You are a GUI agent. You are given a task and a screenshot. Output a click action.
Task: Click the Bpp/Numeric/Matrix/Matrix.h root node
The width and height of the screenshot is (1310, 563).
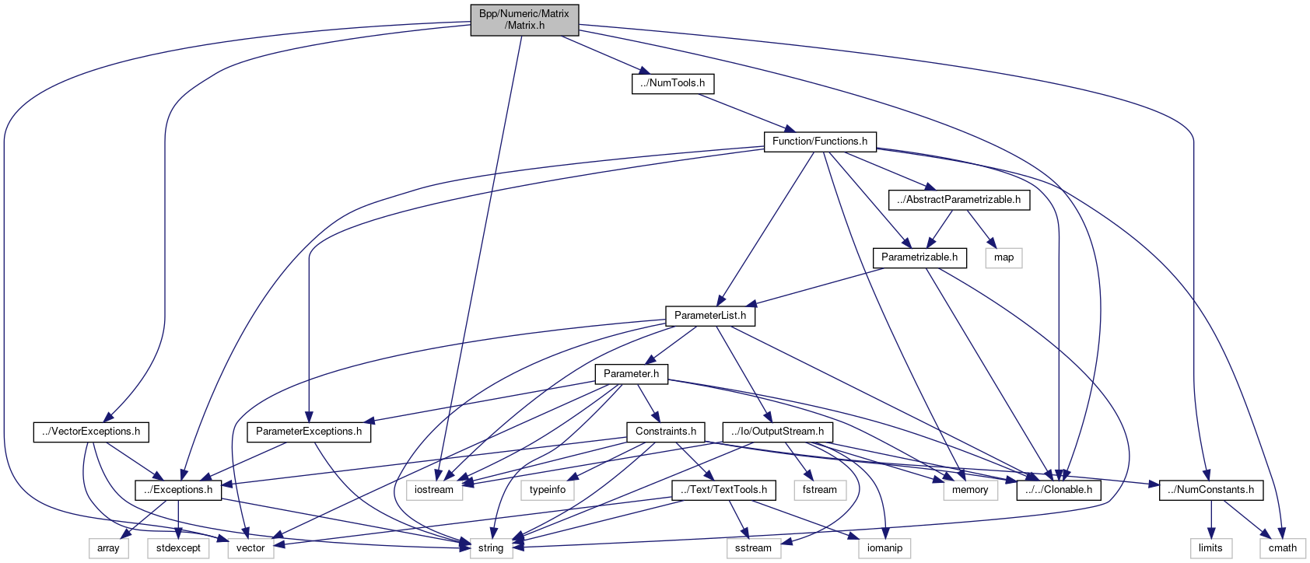coord(524,19)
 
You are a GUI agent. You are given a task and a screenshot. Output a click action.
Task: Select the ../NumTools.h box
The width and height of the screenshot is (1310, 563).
coord(673,83)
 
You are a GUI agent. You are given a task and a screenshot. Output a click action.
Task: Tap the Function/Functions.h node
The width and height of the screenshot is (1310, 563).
coord(820,142)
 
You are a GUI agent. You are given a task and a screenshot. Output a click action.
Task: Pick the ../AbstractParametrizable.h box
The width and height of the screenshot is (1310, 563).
coord(959,200)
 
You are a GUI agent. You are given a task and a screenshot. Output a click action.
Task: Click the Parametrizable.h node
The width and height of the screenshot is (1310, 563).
coord(919,257)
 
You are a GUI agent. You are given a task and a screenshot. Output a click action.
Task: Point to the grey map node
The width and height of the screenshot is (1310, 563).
coord(1004,257)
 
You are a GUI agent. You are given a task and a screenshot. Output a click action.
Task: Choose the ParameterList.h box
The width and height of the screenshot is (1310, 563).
coord(710,316)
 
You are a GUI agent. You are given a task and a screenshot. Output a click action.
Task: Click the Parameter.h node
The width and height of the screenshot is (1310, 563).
coord(632,374)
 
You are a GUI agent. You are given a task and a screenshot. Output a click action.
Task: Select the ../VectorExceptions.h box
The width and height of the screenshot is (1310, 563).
coord(91,432)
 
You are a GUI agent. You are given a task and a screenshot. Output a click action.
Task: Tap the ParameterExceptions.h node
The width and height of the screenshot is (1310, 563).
coord(309,432)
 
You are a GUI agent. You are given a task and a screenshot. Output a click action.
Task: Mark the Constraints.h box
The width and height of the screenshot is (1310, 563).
coord(666,432)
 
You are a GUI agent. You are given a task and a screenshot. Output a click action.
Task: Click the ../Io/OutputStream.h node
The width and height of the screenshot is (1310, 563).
coord(778,432)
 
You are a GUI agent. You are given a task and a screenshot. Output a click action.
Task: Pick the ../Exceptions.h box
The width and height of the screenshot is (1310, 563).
coord(178,490)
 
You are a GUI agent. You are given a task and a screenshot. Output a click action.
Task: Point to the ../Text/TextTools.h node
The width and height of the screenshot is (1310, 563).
coord(723,490)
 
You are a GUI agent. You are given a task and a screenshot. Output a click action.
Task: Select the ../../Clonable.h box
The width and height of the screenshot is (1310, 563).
coord(1059,490)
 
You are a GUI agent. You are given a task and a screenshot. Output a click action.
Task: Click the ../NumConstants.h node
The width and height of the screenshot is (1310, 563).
coord(1211,490)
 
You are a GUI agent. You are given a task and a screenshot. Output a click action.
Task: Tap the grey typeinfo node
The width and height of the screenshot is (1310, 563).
coord(548,490)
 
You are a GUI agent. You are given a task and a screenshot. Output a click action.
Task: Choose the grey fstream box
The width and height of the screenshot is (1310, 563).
coord(820,490)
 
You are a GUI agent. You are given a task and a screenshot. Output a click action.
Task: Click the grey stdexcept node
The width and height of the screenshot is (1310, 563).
coord(178,548)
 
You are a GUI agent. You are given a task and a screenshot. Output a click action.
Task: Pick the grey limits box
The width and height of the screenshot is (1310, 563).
coord(1210,548)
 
